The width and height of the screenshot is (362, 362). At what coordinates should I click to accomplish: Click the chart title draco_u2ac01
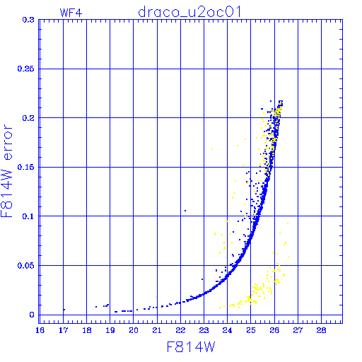tap(189, 12)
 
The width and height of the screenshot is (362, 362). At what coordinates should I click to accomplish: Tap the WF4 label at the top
tap(71, 13)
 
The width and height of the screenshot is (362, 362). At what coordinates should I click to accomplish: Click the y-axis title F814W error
tap(7, 170)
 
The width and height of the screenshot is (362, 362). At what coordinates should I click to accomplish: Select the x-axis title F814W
tap(191, 347)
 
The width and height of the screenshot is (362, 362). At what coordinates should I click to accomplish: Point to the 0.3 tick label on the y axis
tap(28, 20)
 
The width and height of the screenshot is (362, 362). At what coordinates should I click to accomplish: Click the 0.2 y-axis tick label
tap(28, 118)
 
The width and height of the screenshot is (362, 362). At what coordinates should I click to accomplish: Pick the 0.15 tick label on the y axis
tap(26, 167)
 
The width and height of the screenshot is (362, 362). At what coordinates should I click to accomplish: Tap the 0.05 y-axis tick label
tap(26, 266)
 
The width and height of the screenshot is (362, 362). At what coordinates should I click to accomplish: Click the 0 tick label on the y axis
tap(32, 315)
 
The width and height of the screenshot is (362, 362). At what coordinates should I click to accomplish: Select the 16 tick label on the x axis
tap(40, 330)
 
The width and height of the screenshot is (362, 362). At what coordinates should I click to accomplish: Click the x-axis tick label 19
tap(110, 330)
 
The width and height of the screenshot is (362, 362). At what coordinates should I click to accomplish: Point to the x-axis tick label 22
tap(180, 330)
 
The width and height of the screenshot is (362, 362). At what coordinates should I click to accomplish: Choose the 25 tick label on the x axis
tap(251, 330)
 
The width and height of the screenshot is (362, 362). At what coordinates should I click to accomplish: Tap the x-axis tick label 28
tap(321, 330)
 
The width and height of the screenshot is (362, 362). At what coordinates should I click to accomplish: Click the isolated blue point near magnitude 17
tap(64, 310)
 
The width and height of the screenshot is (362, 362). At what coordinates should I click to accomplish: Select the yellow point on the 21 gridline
tap(156, 297)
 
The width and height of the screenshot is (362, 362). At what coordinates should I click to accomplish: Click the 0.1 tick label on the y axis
tap(28, 216)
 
